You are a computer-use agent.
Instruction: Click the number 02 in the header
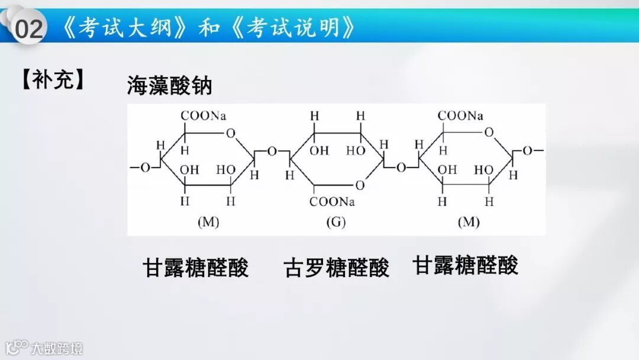29,28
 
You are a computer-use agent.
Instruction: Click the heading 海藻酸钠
169,86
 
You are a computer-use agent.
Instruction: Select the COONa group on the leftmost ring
204,116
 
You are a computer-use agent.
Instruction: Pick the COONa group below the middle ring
333,202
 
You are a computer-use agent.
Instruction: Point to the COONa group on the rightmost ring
460,116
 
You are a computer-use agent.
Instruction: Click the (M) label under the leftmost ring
208,223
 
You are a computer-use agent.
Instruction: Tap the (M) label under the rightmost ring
468,223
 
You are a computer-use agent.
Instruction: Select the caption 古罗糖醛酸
337,268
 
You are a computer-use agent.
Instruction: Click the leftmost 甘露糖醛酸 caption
196,268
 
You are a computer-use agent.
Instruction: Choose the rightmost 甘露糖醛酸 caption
465,265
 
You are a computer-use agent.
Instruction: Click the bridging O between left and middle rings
272,152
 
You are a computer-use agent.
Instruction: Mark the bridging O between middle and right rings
401,168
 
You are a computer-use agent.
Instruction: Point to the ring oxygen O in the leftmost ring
231,132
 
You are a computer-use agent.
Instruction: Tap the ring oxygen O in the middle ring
360,185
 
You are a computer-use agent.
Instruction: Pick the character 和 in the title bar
209,27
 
